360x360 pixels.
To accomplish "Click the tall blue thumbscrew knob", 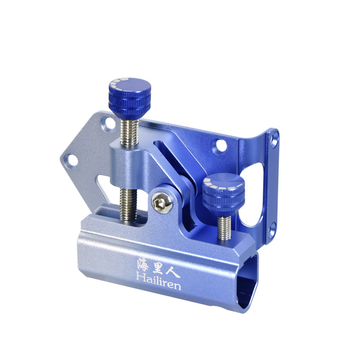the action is (130, 98).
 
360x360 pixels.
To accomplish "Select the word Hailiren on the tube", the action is (158, 281).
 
